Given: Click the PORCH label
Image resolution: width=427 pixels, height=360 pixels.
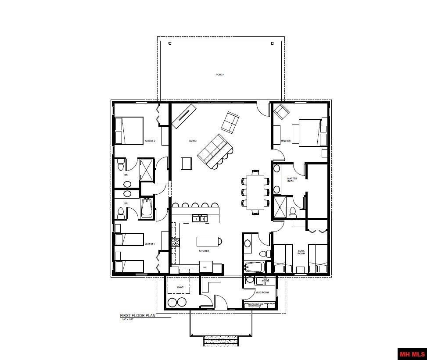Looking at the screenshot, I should click(x=220, y=75).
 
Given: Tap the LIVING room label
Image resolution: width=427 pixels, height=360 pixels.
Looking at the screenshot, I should click(x=193, y=141).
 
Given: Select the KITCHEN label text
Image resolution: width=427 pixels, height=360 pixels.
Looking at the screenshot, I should click(x=204, y=251).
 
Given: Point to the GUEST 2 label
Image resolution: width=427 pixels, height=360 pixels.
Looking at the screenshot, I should click(x=150, y=141).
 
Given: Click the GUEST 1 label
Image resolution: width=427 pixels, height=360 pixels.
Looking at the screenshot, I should click(x=150, y=244).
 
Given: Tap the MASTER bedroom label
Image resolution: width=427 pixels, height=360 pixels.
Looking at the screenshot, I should click(x=286, y=141).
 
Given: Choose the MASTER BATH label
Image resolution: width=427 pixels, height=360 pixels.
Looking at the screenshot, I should click(x=292, y=179).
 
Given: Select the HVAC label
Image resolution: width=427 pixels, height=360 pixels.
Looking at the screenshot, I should click(x=180, y=287).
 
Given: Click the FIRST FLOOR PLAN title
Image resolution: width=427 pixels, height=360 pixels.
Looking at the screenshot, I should click(x=137, y=315).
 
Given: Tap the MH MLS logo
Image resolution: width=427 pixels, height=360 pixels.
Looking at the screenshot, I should click(x=412, y=353).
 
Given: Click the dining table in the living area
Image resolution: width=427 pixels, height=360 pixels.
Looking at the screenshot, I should click(x=255, y=192).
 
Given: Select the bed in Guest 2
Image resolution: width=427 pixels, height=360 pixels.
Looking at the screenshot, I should click(x=129, y=130).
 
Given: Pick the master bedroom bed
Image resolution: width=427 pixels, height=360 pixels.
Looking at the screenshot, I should click(x=313, y=132).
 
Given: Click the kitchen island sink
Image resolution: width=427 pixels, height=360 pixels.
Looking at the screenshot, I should click(x=199, y=218).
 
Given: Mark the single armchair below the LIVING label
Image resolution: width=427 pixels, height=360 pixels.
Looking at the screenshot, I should click(x=187, y=163).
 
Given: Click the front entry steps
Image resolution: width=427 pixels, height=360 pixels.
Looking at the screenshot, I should click(x=221, y=341).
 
